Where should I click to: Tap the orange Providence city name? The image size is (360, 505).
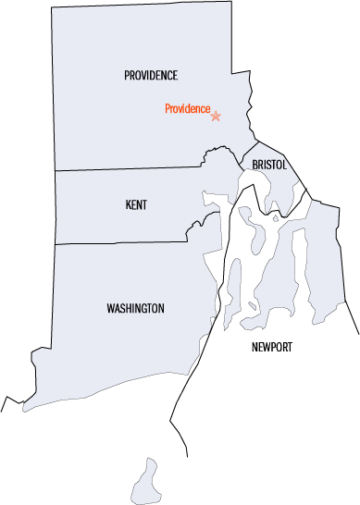coord(187,108)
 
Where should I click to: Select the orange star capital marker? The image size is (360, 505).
coord(217,116)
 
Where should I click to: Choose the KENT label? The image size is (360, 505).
coord(136,204)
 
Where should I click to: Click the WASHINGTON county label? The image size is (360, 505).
coord(135,308)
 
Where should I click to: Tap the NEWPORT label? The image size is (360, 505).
coord(272,347)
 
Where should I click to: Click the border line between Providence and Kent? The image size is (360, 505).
coord(130,170)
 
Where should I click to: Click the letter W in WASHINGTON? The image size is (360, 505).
coord(110,308)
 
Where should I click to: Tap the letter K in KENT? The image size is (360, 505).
coord(128,204)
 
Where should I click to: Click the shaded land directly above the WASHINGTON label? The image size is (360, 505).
coord(135,273)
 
